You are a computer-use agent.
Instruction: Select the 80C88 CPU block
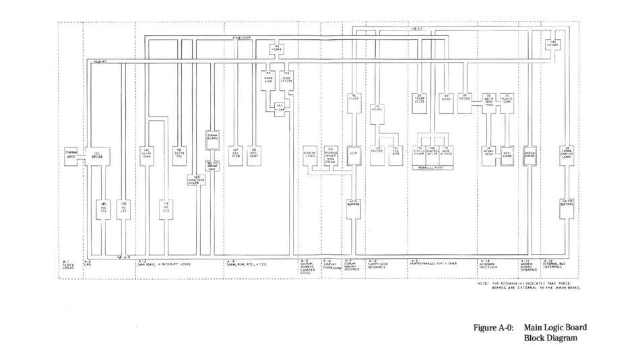[98, 154]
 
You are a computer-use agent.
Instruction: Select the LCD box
[352, 154]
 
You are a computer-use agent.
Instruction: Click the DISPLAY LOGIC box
[311, 154]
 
